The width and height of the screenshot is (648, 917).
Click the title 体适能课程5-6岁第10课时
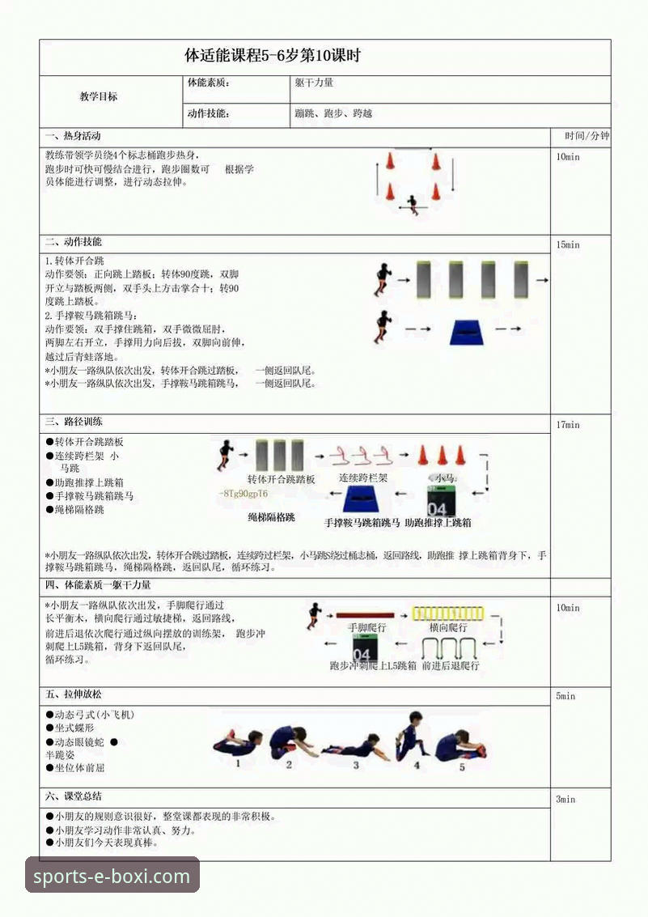(273, 57)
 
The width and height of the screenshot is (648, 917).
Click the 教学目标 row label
(98, 96)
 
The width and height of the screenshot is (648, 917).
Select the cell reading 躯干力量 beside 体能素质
(315, 83)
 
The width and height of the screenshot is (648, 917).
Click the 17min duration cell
(568, 425)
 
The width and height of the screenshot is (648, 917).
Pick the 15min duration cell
(568, 244)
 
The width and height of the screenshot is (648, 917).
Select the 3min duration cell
(565, 799)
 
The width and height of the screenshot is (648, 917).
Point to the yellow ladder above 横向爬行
(447, 613)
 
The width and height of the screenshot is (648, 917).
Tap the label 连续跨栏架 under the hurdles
(363, 478)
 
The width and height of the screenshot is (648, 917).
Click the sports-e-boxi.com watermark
(112, 876)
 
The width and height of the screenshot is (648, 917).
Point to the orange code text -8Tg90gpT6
(244, 494)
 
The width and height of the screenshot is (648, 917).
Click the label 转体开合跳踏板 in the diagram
(281, 479)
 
